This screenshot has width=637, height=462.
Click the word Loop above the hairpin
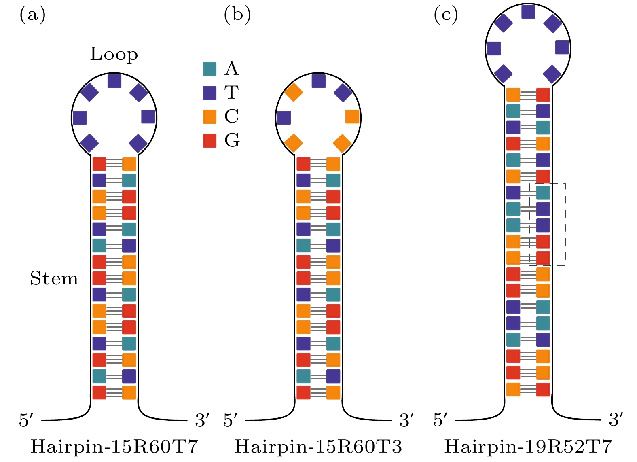114,54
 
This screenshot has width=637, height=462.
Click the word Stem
54,278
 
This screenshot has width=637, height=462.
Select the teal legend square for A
210,69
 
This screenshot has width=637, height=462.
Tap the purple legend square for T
210,93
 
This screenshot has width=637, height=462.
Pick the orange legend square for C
210,117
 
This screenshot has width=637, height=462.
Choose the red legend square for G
210,140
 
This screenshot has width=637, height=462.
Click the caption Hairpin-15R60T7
114,447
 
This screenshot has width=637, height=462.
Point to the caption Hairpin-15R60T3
318,447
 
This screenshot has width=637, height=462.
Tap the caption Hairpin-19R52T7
528,447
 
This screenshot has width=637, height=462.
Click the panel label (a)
32,15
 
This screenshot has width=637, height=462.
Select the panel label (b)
237,15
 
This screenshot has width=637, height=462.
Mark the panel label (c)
446,15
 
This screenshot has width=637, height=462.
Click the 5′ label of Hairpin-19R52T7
440,420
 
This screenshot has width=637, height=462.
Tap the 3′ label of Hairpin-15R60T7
202,420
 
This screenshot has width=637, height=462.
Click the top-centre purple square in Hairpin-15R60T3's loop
319,81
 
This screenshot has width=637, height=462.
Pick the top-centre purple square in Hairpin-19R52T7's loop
528,12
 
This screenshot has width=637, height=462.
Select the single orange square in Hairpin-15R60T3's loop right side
352,117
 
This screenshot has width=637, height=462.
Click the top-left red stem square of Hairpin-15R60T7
99,164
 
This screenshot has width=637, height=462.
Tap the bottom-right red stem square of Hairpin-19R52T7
543,389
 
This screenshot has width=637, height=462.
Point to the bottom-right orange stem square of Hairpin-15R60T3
333,392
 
